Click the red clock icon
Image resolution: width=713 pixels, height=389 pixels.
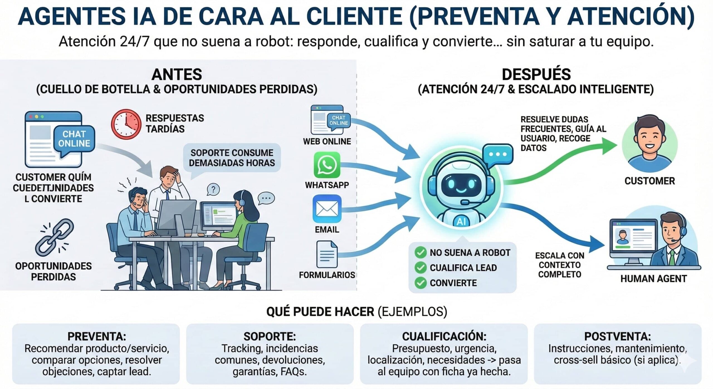(126, 124)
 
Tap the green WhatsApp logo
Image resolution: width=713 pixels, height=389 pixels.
(327, 165)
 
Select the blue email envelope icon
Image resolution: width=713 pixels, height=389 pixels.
(327, 209)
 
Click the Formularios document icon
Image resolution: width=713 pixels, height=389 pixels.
(327, 254)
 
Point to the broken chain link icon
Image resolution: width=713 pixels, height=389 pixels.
(55, 237)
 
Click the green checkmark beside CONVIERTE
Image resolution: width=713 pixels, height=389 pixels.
(420, 283)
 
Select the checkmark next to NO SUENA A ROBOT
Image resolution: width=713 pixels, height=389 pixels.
(420, 252)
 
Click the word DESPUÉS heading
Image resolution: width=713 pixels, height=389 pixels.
(536, 74)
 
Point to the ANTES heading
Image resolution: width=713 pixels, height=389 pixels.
(177, 74)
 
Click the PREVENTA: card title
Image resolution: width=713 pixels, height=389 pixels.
(97, 336)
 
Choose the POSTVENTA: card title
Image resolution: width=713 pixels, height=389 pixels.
(617, 336)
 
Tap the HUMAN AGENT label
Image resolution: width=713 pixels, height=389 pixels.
(653, 279)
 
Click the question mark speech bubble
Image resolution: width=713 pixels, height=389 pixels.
(213, 189)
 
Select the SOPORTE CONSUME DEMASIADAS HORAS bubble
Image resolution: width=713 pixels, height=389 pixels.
(232, 158)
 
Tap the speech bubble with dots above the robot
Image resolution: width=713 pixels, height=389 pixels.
(498, 154)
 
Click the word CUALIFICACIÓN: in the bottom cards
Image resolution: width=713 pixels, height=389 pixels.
(444, 336)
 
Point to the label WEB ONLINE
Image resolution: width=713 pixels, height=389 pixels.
(327, 141)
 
